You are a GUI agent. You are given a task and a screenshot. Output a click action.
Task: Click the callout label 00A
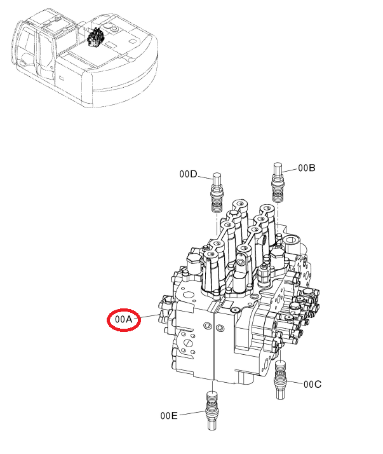(x=123, y=319)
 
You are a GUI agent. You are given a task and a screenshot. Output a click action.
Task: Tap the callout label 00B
(x=307, y=168)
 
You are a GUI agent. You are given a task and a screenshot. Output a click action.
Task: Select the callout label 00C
(x=312, y=385)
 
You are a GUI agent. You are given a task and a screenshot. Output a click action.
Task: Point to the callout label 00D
(x=188, y=174)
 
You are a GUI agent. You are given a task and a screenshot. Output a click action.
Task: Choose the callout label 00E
(x=169, y=416)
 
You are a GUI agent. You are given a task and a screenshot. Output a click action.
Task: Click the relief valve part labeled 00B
(x=278, y=182)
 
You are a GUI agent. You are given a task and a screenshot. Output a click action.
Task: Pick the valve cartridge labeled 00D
(x=217, y=193)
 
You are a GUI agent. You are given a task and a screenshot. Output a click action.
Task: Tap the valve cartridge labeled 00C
(x=280, y=380)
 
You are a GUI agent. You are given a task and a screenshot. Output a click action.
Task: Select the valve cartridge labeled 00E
(x=212, y=411)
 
